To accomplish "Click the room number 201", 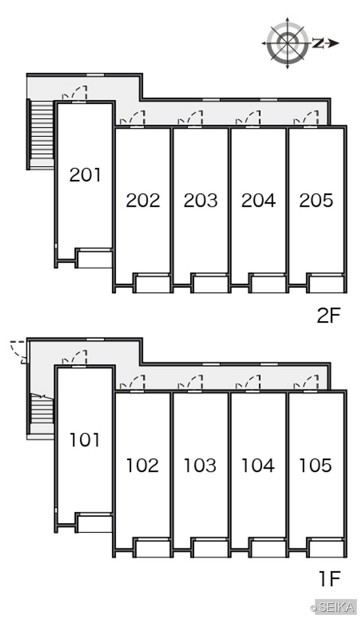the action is [x=85, y=175].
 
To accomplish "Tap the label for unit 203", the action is [x=201, y=200].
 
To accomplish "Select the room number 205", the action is [x=316, y=200].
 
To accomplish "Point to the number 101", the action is [x=85, y=440].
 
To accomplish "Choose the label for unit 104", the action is [x=258, y=465].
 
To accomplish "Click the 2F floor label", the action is [x=328, y=316].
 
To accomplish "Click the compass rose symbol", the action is [x=288, y=43].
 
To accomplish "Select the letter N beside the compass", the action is [x=318, y=43].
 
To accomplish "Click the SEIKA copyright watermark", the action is [x=334, y=607].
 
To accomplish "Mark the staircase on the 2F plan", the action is [x=41, y=134].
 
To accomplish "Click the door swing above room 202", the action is [x=132, y=117].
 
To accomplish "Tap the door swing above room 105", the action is [x=306, y=382].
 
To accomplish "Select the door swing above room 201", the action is [x=75, y=92].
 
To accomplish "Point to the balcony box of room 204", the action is [x=268, y=283].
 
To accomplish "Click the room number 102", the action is [x=142, y=465].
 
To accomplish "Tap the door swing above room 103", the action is [x=190, y=382].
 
